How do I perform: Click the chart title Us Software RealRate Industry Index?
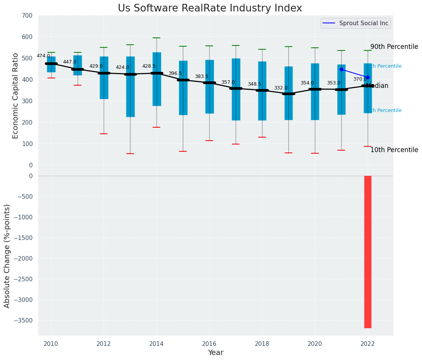pyautogui.click(x=210, y=8)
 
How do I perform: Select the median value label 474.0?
pyautogui.click(x=43, y=56)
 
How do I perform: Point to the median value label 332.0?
pyautogui.click(x=280, y=88)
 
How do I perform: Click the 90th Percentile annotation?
pyautogui.click(x=394, y=47)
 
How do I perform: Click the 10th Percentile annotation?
pyautogui.click(x=394, y=150)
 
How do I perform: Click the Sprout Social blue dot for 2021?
pyautogui.click(x=341, y=69)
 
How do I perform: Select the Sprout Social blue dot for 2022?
pyautogui.click(x=368, y=77)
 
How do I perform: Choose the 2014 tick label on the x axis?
pyautogui.click(x=156, y=344)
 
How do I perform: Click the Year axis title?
pyautogui.click(x=215, y=353)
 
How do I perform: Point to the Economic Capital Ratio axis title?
pyautogui.click(x=16, y=96)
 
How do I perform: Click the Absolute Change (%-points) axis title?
pyautogui.click(x=7, y=256)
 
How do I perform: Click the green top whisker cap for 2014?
pyautogui.click(x=156, y=38)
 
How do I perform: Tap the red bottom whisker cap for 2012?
pyautogui.click(x=104, y=134)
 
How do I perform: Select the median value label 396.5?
pyautogui.click(x=175, y=73)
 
